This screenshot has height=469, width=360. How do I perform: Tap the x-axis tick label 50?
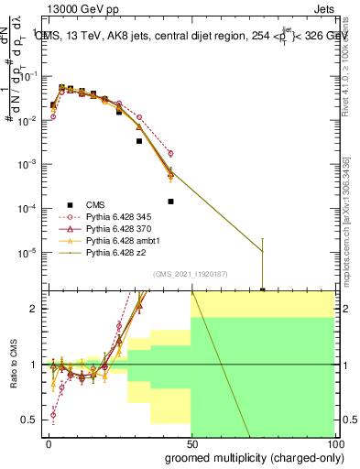pos(192,442)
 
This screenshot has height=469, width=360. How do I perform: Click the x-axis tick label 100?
pos(336,442)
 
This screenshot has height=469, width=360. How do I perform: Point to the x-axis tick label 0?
pos(49,442)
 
